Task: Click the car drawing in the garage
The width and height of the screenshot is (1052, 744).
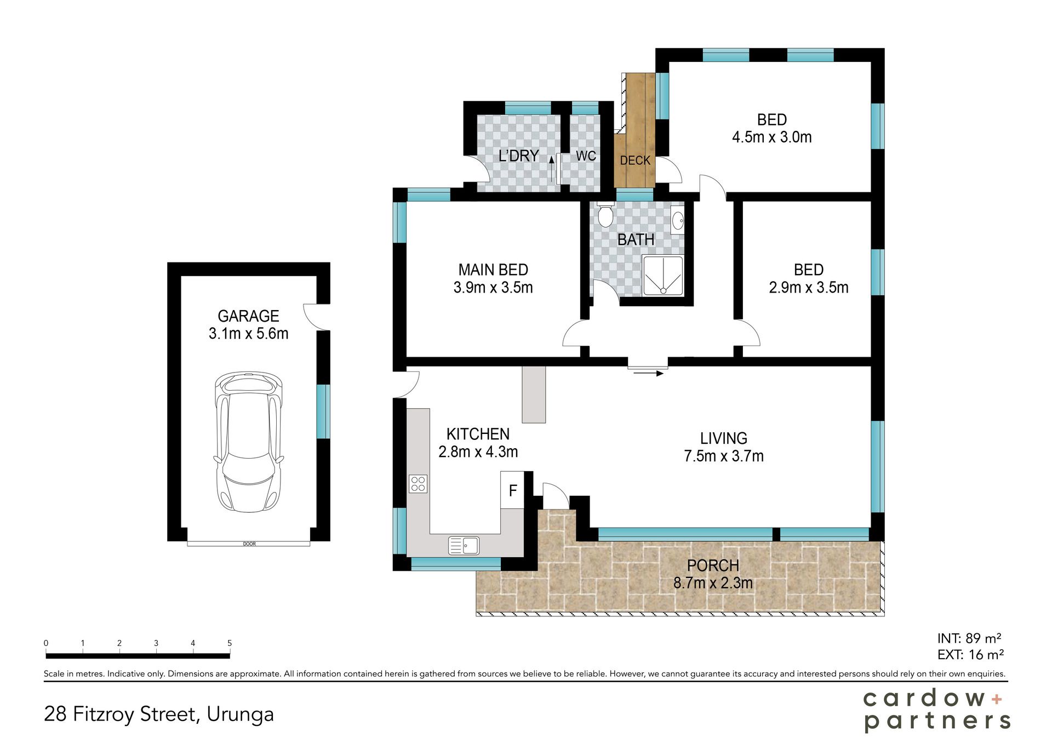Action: click(x=249, y=442)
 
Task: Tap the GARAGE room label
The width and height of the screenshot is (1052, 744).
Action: click(x=249, y=316)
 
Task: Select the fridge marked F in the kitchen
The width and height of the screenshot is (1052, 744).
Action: click(x=512, y=490)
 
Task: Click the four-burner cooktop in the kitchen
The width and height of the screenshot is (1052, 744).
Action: click(x=418, y=484)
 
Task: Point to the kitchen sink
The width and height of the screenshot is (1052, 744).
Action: click(x=464, y=545)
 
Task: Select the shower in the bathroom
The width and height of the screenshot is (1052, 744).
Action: click(x=663, y=276)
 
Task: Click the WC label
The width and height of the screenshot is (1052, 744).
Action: click(x=586, y=156)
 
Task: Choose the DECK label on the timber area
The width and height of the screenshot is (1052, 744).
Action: click(x=635, y=161)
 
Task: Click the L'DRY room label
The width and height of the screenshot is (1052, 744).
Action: click(x=518, y=156)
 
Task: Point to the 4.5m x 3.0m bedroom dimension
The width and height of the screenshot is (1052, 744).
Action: click(x=772, y=137)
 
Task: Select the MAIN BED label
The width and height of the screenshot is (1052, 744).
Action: click(x=493, y=270)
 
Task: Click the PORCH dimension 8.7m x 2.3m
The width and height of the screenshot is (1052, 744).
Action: click(x=713, y=583)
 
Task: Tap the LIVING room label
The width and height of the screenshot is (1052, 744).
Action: click(x=724, y=438)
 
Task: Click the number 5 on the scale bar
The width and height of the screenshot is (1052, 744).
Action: click(x=230, y=643)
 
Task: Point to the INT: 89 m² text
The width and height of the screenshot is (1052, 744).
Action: click(x=969, y=638)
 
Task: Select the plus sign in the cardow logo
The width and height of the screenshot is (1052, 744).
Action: click(x=997, y=699)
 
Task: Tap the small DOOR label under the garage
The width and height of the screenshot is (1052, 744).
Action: click(x=249, y=544)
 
